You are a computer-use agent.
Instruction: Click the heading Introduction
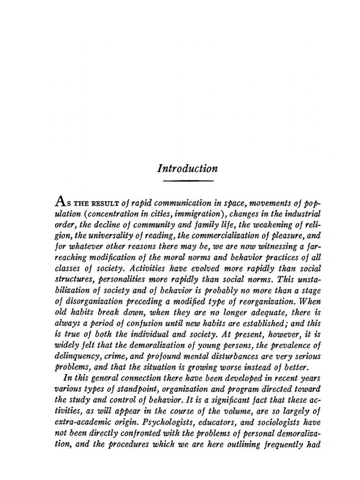(x=188, y=169)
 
